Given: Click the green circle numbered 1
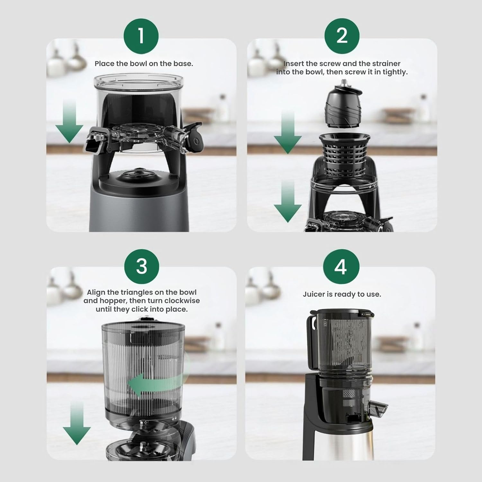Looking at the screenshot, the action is [141, 36].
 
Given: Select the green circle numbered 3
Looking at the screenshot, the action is [142, 266].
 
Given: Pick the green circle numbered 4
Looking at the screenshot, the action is [341, 267].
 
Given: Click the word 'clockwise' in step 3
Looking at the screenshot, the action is [182, 301].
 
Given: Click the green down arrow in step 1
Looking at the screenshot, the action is [69, 121].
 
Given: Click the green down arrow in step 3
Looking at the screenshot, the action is [77, 424].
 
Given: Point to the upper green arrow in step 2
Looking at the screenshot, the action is [288, 132].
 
